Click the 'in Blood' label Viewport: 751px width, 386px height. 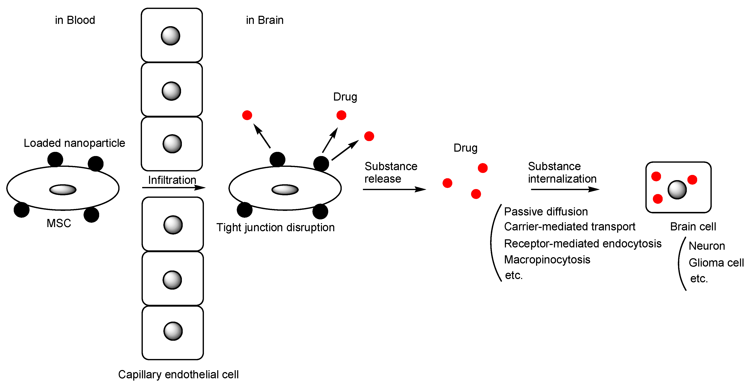pyautogui.click(x=75, y=20)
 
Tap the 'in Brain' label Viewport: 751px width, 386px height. pyautogui.click(x=264, y=20)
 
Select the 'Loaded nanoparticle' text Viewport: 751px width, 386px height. pyautogui.click(x=74, y=143)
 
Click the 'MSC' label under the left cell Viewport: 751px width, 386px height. pyautogui.click(x=59, y=223)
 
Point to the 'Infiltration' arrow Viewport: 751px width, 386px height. pyautogui.click(x=174, y=188)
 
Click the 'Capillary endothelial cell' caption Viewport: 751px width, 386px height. pyautogui.click(x=178, y=374)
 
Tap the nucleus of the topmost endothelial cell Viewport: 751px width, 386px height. pyautogui.click(x=170, y=36)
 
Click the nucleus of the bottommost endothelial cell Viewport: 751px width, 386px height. pyautogui.click(x=173, y=331)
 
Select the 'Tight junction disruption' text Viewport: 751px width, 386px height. pyautogui.click(x=275, y=227)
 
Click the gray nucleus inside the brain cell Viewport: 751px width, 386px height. pyautogui.click(x=677, y=190)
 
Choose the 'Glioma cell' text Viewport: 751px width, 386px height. pyautogui.click(x=716, y=263)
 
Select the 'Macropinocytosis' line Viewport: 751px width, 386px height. pyautogui.click(x=547, y=259)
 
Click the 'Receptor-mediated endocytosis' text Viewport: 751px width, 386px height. pyautogui.click(x=582, y=243)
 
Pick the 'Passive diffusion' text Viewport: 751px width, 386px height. pyautogui.click(x=546, y=211)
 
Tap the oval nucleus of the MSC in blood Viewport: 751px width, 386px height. pyautogui.click(x=63, y=190)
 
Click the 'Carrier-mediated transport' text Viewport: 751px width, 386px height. pyautogui.click(x=569, y=227)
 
